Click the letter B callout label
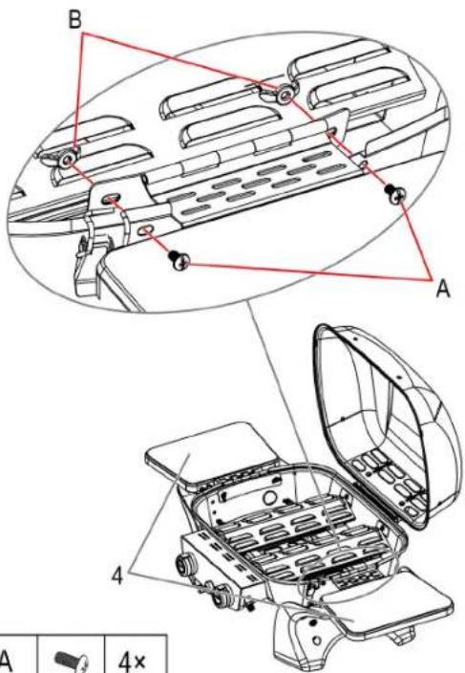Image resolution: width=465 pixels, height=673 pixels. [x=75, y=19]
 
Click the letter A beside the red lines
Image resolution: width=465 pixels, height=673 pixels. [x=443, y=290]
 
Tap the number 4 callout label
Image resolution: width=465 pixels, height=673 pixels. [x=117, y=575]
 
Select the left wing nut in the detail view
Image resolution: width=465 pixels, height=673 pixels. [x=66, y=160]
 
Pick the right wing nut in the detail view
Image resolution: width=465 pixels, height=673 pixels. [x=283, y=94]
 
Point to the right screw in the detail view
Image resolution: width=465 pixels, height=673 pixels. [x=395, y=194]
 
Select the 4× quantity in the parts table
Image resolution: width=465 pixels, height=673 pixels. [x=132, y=661]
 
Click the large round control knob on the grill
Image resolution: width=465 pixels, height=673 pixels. [x=185, y=565]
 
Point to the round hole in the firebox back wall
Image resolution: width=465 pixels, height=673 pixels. [x=269, y=498]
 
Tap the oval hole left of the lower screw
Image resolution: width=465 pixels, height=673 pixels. [x=145, y=231]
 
